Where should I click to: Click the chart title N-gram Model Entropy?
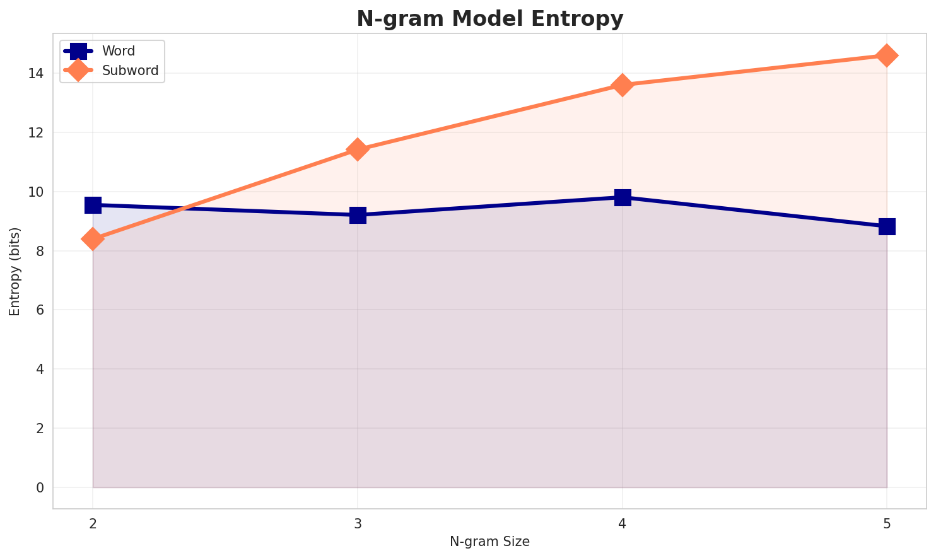click(x=489, y=18)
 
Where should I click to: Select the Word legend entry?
click(x=119, y=51)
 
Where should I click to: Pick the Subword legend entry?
click(x=130, y=71)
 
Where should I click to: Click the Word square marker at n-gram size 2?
click(x=93, y=205)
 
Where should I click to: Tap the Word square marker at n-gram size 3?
click(x=358, y=215)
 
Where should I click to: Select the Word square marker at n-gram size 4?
click(x=623, y=197)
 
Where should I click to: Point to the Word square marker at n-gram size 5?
click(x=887, y=226)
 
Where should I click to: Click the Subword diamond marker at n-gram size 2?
click(x=93, y=239)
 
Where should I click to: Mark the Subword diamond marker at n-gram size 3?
click(x=358, y=149)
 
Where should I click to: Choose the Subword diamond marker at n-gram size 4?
click(x=623, y=84)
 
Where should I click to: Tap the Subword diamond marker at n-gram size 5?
click(x=887, y=55)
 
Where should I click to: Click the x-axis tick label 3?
click(x=358, y=523)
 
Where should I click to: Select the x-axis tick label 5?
click(x=887, y=523)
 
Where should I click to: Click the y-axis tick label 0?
click(x=40, y=487)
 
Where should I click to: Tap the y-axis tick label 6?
click(x=40, y=310)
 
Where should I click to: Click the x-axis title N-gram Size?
click(x=489, y=542)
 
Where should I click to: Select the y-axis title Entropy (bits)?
click(x=15, y=271)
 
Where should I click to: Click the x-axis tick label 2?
click(x=93, y=523)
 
